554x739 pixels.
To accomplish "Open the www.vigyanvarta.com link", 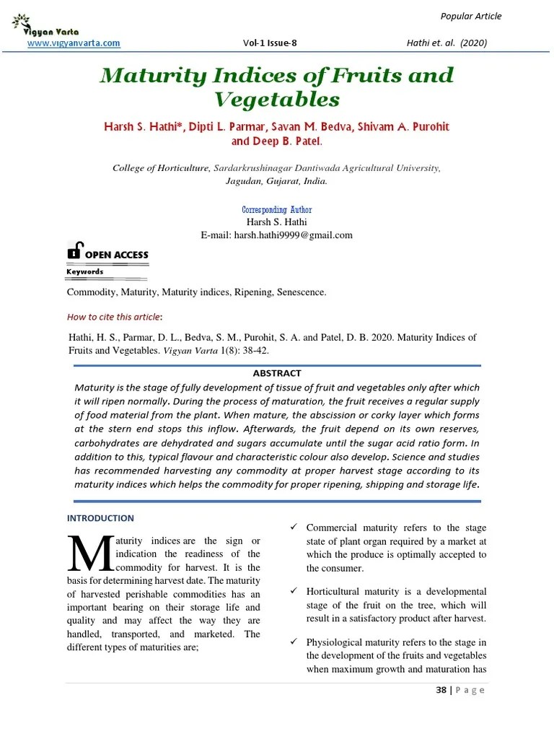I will pyautogui.click(x=74, y=43).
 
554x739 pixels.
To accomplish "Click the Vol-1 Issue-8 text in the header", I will pyautogui.click(x=271, y=43).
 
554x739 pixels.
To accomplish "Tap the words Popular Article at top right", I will pyautogui.click(x=470, y=17).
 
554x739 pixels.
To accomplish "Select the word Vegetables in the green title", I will pyautogui.click(x=276, y=99).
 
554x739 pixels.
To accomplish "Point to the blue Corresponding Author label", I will pyautogui.click(x=277, y=209).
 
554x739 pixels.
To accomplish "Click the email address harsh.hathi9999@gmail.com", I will pyautogui.click(x=294, y=235).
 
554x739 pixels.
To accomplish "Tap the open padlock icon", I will pyautogui.click(x=75, y=250).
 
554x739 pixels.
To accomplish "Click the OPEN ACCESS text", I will pyautogui.click(x=117, y=255).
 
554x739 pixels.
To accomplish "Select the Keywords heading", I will pyautogui.click(x=85, y=272).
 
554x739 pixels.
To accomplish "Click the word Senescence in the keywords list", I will pyautogui.click(x=296, y=292).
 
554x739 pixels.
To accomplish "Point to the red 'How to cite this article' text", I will pyautogui.click(x=114, y=316).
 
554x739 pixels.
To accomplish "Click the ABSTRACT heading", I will pyautogui.click(x=277, y=373).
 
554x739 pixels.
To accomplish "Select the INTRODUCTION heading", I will pyautogui.click(x=100, y=518).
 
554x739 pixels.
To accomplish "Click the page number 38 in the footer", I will pyautogui.click(x=441, y=690).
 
